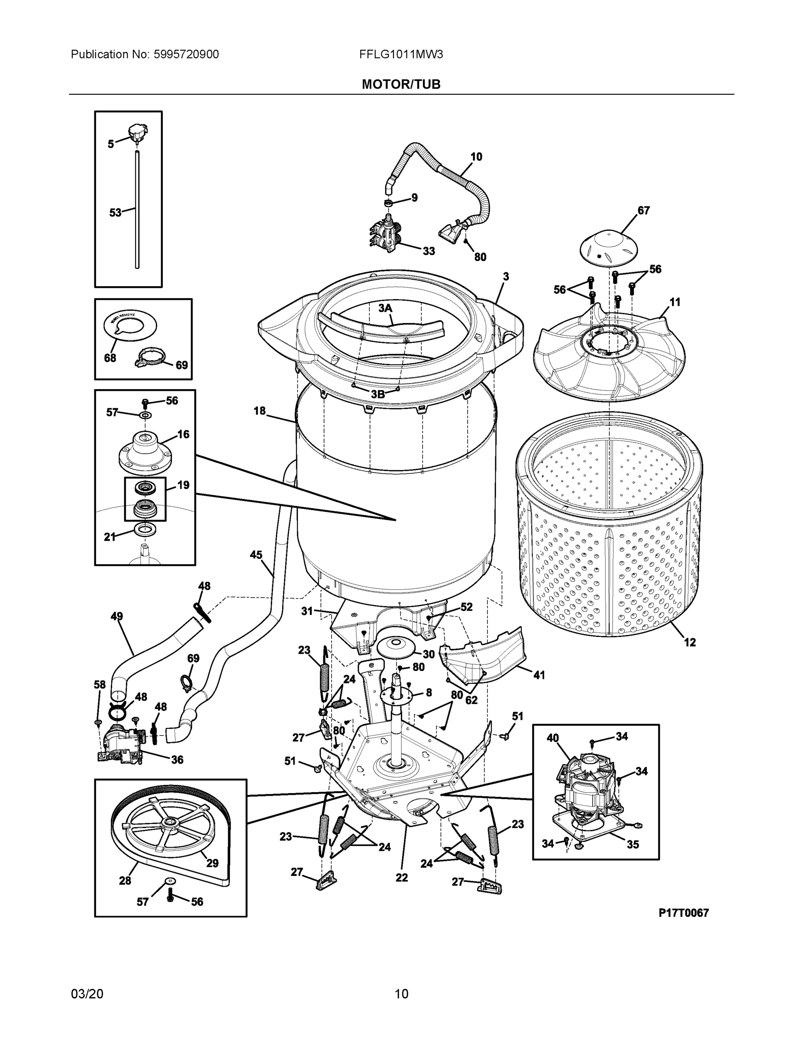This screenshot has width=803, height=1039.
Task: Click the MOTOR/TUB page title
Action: coord(401,84)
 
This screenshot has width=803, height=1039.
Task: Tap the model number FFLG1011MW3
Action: coord(401,54)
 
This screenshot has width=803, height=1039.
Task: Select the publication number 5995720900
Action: coord(186,54)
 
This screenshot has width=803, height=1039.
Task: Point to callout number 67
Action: coord(643,210)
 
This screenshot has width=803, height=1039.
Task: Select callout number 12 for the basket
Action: coord(689,642)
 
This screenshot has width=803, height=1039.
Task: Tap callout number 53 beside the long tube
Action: coord(115,213)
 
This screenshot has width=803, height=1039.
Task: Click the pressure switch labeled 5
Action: coord(138,132)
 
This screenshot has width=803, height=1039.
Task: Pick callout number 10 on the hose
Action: coord(476,157)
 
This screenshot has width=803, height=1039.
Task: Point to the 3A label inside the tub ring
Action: coord(385,308)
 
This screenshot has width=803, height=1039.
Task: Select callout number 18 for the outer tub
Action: coord(259,410)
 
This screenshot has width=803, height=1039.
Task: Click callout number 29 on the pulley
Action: coord(212,863)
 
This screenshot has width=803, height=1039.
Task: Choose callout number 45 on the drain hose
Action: coord(256,555)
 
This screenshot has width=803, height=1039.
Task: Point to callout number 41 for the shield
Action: coord(539,675)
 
